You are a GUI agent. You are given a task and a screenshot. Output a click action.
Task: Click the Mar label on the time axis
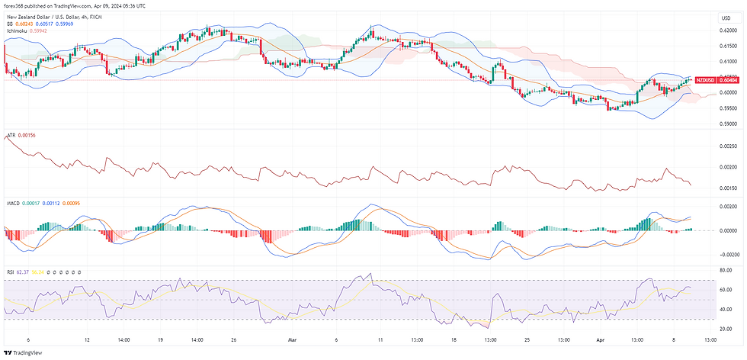(290, 340)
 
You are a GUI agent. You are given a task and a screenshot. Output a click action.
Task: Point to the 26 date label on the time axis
(235, 340)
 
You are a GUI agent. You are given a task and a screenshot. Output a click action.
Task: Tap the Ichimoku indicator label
(20, 30)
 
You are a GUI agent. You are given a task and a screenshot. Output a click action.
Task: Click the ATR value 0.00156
(27, 135)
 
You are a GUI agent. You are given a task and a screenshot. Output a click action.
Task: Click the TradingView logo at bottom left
(23, 353)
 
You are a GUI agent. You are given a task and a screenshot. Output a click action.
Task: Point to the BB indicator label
(11, 23)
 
